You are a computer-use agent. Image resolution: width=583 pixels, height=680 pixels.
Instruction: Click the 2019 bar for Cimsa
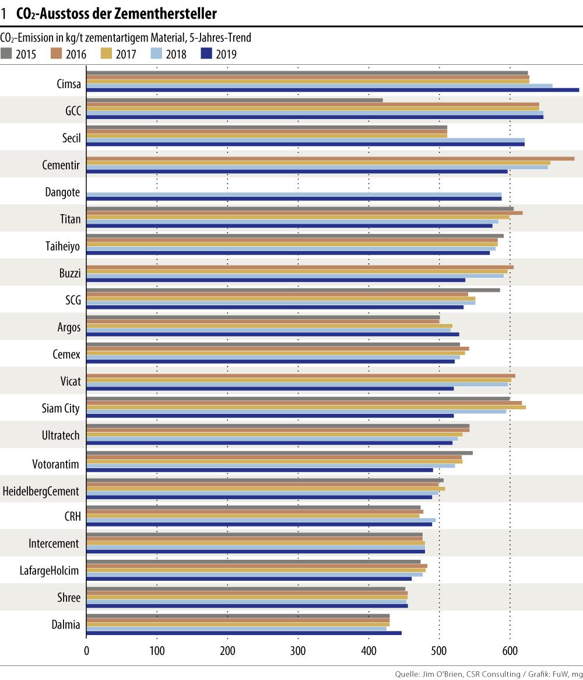point(332,90)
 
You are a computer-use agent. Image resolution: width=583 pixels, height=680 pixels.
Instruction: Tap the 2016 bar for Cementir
point(330,158)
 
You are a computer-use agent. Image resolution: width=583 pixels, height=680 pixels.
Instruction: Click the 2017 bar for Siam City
point(306,407)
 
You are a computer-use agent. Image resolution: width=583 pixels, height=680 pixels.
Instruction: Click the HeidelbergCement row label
point(41,491)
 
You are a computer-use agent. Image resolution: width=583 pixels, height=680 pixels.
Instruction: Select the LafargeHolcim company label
point(50,570)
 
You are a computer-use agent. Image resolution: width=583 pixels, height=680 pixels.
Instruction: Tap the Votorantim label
point(56,465)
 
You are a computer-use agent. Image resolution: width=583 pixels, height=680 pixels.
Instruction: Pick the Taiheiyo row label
point(62,246)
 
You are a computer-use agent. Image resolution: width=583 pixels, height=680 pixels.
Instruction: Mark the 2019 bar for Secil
point(305,144)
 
